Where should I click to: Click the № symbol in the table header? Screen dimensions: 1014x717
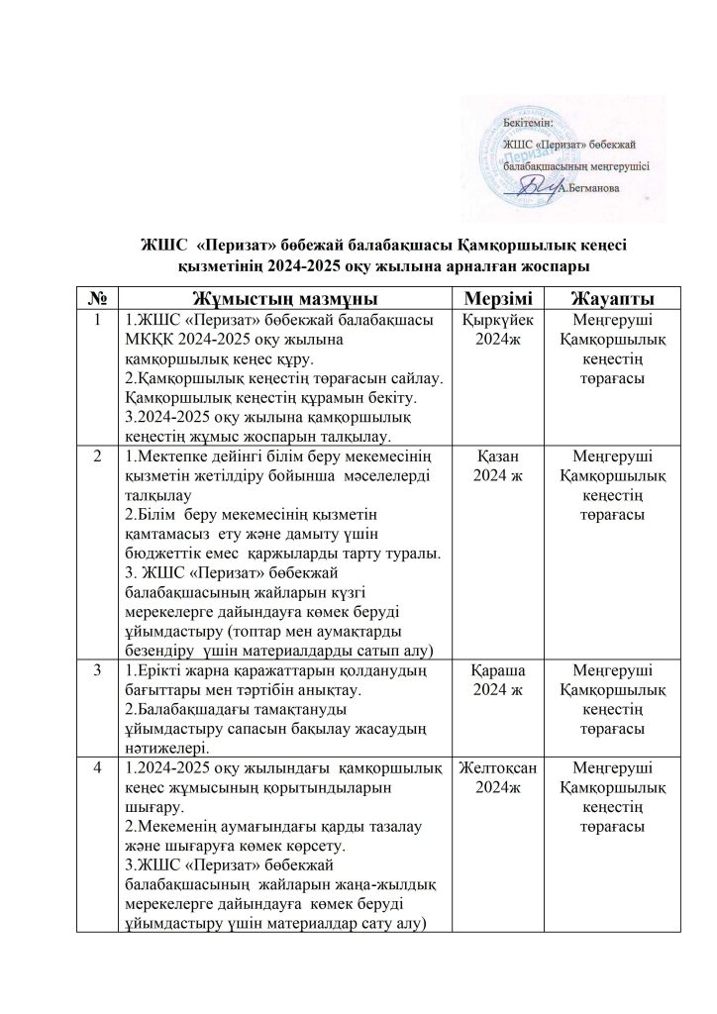(x=97, y=298)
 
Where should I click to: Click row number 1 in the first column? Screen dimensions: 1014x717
(x=97, y=321)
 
